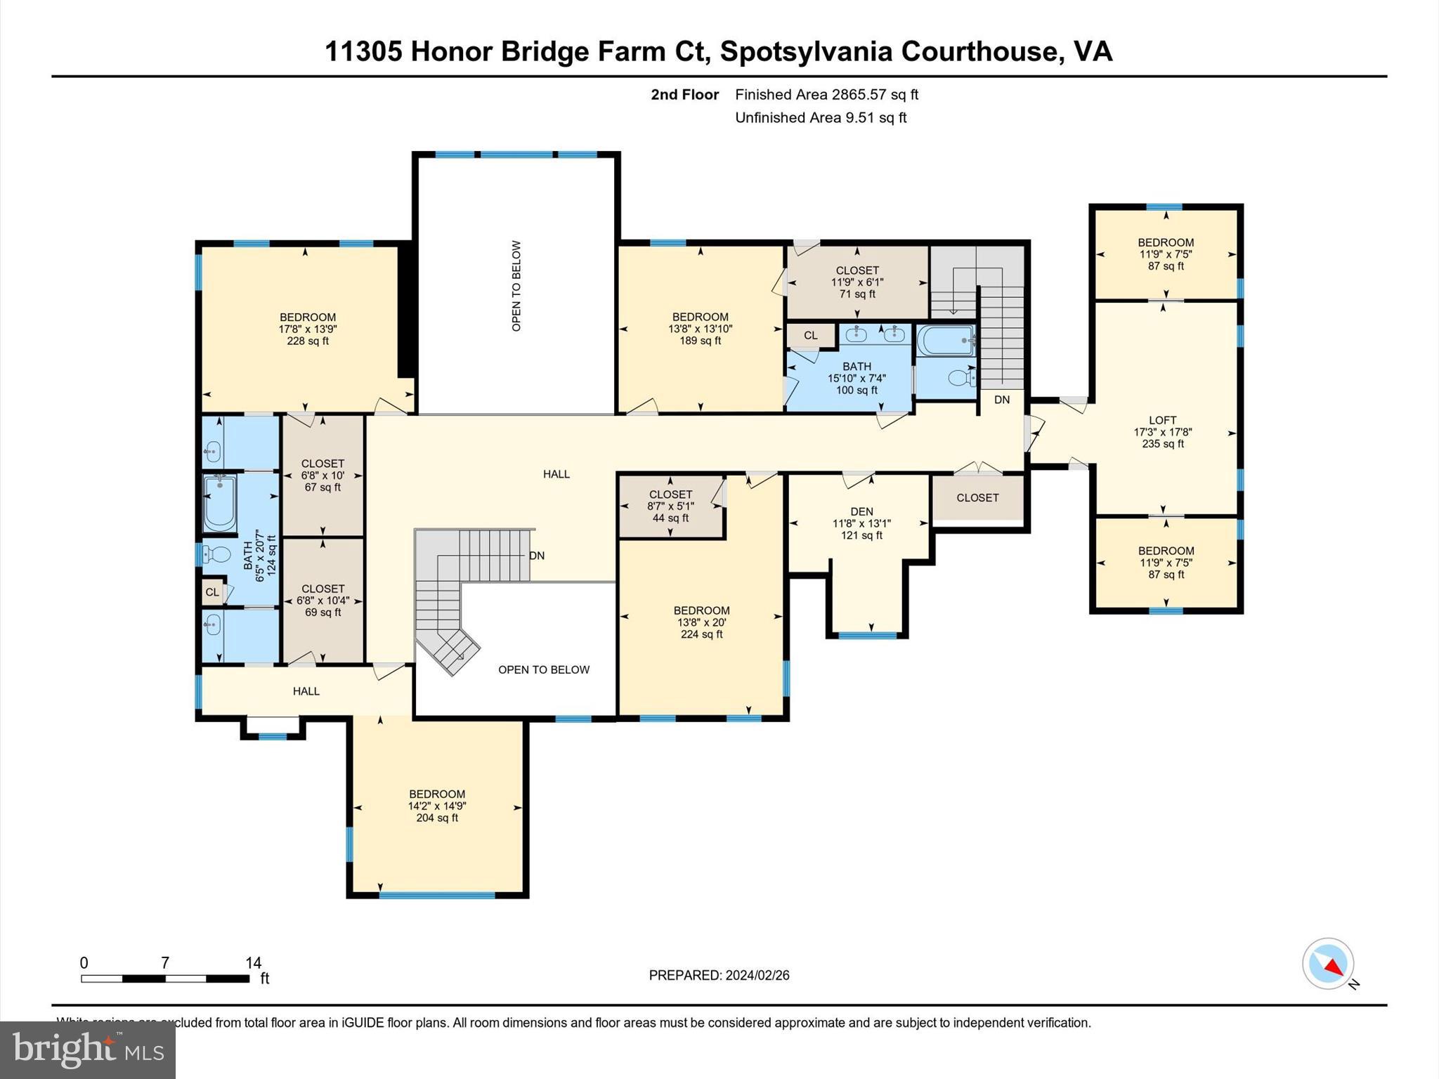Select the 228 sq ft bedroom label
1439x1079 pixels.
coord(307,329)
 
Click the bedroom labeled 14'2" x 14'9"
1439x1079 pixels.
coord(437,806)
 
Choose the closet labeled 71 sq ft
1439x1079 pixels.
coord(857,282)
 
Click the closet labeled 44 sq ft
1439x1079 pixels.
coord(670,506)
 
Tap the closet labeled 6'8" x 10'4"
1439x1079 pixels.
coord(323,601)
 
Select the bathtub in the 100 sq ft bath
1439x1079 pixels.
coord(946,341)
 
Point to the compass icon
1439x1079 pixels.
coord(1328,964)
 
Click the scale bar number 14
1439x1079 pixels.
coord(253,963)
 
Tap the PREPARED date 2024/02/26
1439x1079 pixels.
coord(757,975)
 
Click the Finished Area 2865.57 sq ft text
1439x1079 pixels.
coord(826,95)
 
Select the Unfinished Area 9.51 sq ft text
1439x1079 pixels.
coord(821,117)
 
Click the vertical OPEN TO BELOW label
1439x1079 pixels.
coord(516,286)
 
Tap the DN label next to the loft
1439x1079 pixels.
coord(1002,399)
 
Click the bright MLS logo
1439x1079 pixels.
coord(88,1049)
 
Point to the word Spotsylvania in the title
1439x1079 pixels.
coord(806,51)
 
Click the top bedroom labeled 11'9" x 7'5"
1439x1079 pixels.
coord(1166,254)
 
